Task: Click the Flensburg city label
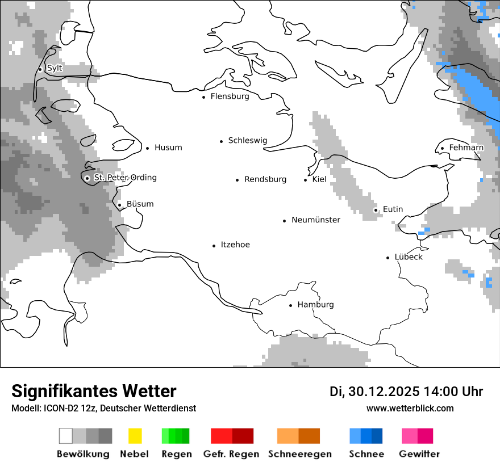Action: pos(230,96)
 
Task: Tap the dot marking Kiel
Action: pos(306,180)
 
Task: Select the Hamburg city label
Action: pos(315,305)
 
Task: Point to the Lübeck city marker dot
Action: pos(388,258)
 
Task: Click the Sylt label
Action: pos(55,68)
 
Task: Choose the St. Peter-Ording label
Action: pos(125,178)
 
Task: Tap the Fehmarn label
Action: pos(466,148)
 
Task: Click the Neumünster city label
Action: pos(316,220)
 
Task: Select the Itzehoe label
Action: pos(235,245)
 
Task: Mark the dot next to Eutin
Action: pos(376,210)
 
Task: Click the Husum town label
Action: pos(168,148)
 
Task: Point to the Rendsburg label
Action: pos(265,179)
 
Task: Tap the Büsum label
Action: pos(140,204)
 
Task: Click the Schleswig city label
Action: pos(247,141)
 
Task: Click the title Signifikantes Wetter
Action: pos(94,391)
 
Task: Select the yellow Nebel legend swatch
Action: pos(135,436)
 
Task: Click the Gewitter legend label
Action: pos(419,454)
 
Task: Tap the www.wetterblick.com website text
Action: pos(410,408)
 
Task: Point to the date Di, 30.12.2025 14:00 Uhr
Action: pos(406,392)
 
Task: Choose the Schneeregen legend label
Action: pos(300,454)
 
